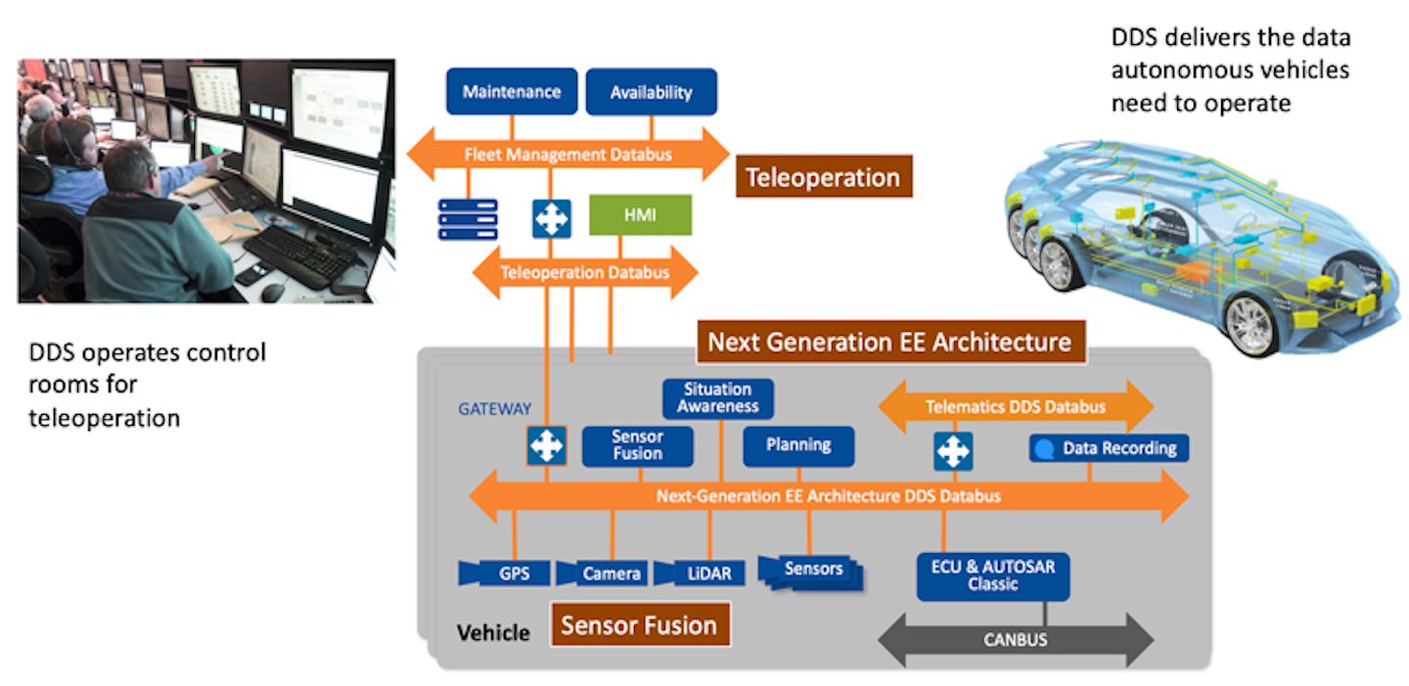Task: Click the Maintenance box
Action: pos(511,92)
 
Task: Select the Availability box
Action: pos(651,92)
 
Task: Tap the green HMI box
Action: pos(640,215)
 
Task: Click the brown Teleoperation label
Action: pos(823,177)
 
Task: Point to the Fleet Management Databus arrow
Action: pos(568,154)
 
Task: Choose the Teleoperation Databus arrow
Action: pos(585,272)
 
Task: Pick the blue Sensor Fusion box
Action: pos(638,445)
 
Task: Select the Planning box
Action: pos(798,445)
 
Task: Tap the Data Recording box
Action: pos(1110,448)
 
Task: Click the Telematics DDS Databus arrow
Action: pos(1016,406)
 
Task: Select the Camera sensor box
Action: pos(601,572)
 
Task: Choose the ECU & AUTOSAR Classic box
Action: pos(992,576)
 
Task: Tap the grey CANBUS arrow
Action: pos(1016,640)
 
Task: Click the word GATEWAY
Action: pos(495,409)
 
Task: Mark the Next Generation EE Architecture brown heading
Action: pos(889,343)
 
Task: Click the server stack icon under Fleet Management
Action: pos(468,218)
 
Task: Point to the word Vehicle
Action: pos(493,632)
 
